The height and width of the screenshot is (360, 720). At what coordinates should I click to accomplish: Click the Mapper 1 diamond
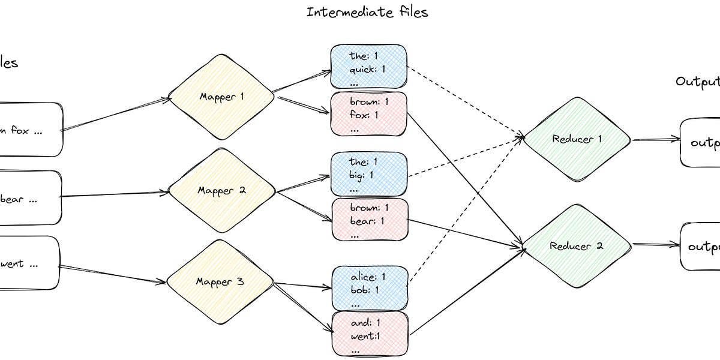coord(221,97)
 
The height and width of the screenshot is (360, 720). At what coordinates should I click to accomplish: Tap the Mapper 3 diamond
coord(220,281)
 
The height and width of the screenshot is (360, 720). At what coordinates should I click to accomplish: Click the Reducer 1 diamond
coord(577,140)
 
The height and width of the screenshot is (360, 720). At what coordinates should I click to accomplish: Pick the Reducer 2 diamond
coord(577,246)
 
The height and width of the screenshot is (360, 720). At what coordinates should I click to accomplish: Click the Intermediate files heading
coord(367,12)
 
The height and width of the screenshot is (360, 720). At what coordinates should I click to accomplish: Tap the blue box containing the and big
coord(369,174)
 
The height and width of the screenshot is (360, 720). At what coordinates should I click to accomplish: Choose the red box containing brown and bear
coord(369,220)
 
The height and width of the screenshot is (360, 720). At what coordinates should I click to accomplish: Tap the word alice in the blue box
coord(364,277)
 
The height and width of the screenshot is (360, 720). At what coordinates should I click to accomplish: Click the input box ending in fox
coord(30,130)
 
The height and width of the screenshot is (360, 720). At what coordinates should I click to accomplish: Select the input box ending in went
coord(29,263)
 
